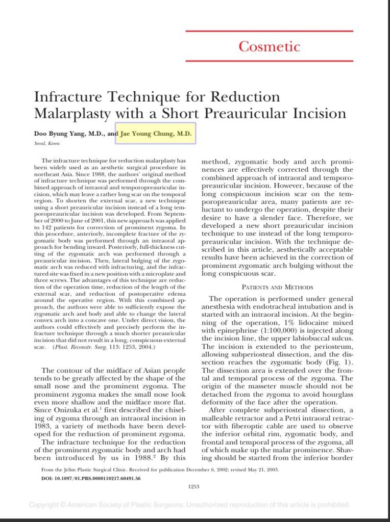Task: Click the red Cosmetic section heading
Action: [x=269, y=46]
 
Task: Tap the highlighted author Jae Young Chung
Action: [x=156, y=134]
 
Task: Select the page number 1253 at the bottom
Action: [x=193, y=486]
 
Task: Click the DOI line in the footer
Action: [x=90, y=478]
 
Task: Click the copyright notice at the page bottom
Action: [x=189, y=505]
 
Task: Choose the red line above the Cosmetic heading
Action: [x=269, y=31]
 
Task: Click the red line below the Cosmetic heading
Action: [x=269, y=61]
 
